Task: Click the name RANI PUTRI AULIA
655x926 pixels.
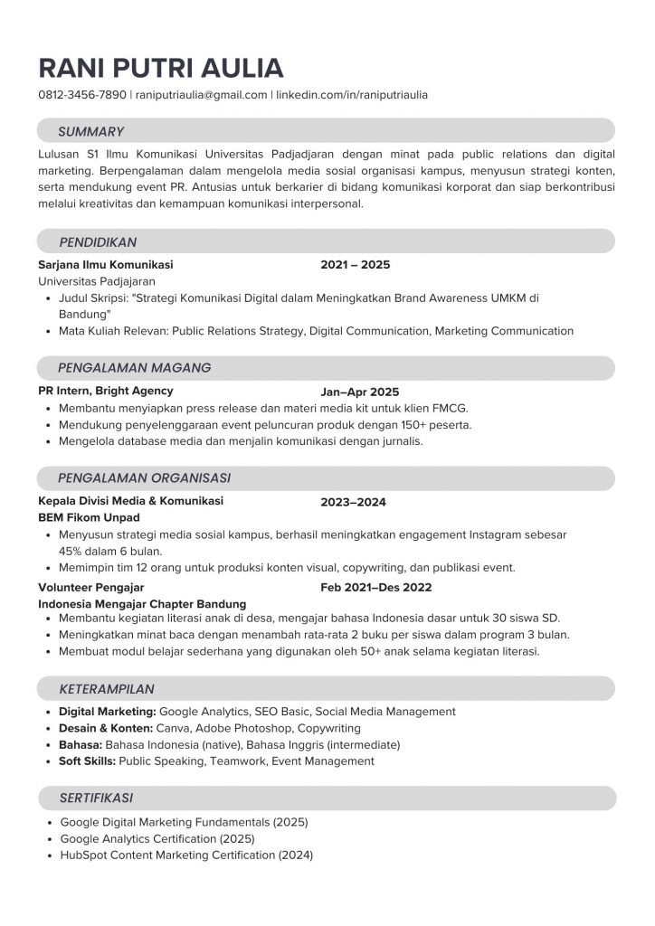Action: pos(161,69)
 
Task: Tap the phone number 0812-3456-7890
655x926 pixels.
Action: pos(82,94)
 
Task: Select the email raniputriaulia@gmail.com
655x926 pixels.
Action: pos(202,94)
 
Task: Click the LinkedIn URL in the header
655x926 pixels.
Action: pos(352,94)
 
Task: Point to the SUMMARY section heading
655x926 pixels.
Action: pos(91,131)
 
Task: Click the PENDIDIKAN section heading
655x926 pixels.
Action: pos(98,242)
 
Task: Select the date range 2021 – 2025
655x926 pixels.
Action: pos(355,265)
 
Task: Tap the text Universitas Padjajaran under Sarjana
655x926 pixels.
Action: pos(98,282)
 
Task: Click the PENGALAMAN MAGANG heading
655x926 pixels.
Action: pos(134,368)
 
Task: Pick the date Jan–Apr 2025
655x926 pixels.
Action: pos(359,392)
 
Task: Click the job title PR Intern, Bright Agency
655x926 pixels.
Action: pos(106,391)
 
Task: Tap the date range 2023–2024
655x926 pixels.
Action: pos(353,502)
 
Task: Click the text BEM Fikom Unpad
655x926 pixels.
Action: pos(89,517)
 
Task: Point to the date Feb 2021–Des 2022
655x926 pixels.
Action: pos(376,588)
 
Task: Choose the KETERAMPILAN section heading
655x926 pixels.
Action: pos(107,689)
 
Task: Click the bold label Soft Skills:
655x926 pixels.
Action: pos(87,761)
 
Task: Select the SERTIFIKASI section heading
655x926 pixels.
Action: pos(96,798)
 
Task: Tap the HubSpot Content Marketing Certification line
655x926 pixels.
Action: pos(185,855)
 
